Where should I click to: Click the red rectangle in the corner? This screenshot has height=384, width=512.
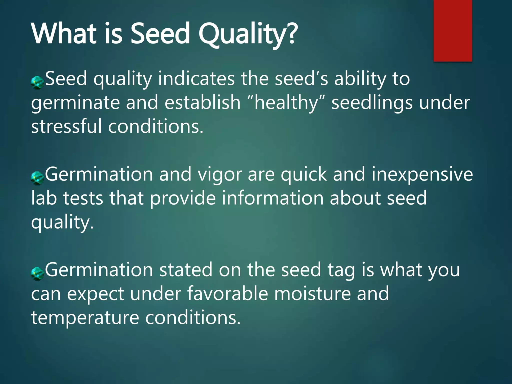point(452,30)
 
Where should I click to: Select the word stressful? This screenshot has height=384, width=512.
point(66,126)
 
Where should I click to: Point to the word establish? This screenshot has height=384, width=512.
point(202,102)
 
